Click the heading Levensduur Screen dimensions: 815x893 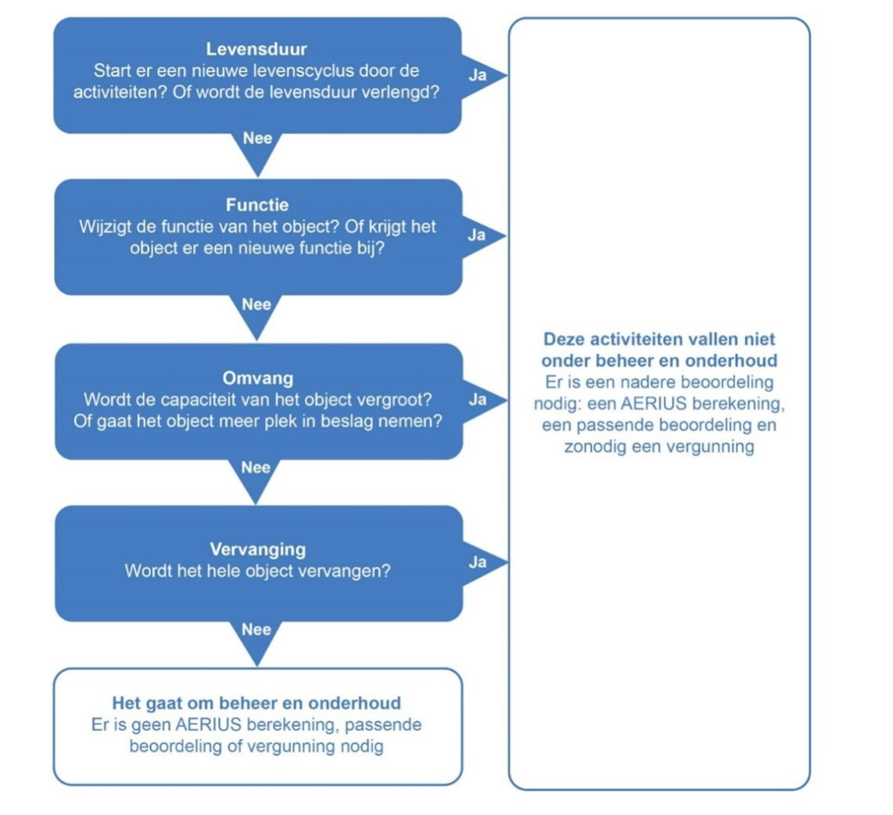(x=256, y=52)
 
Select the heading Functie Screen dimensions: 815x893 (x=257, y=206)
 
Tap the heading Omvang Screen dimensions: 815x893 (x=257, y=379)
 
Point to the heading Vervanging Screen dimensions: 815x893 (x=257, y=548)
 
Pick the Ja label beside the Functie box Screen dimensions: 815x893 (x=477, y=235)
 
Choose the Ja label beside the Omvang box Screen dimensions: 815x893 (x=477, y=400)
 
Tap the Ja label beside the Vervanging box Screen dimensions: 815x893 (x=477, y=562)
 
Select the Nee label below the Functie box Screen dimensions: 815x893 (x=256, y=304)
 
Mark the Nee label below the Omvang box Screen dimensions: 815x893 (x=256, y=468)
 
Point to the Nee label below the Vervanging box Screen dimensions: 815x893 (x=256, y=630)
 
